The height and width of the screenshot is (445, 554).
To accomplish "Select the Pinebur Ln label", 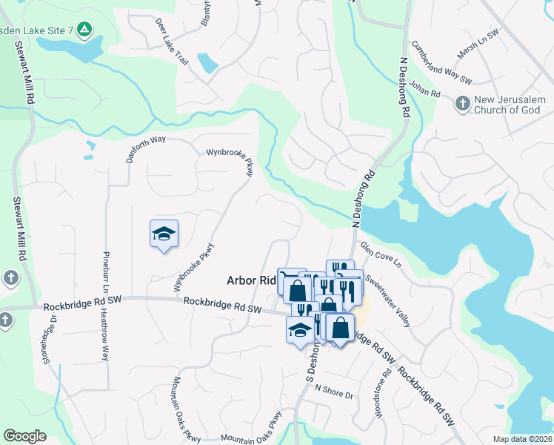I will [x=106, y=268].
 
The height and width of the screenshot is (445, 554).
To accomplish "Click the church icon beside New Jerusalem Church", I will [x=463, y=104].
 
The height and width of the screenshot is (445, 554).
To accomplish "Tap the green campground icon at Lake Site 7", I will [x=85, y=30].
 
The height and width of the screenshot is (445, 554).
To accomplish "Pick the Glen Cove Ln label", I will [x=380, y=254].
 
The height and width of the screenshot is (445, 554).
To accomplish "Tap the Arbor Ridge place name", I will [x=250, y=280].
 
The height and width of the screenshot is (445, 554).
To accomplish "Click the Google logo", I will [x=24, y=436].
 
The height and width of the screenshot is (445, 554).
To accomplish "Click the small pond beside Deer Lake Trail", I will [x=207, y=64].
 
